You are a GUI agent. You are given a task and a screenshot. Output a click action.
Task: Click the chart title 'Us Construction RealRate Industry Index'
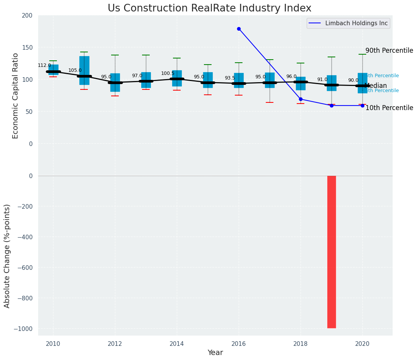209,8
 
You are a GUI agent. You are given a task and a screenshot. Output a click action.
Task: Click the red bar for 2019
331,251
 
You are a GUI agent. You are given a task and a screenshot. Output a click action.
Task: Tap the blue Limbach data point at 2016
239,29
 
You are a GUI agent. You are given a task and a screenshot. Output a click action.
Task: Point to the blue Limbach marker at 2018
301,99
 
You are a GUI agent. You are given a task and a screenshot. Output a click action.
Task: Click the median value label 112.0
44,65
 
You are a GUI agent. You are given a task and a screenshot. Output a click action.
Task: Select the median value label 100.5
168,73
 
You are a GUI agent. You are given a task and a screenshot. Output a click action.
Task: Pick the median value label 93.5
230,78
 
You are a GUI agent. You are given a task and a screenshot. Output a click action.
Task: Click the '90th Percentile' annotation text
389,50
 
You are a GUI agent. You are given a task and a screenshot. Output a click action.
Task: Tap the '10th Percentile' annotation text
389,108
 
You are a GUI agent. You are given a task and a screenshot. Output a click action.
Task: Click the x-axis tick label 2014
177,344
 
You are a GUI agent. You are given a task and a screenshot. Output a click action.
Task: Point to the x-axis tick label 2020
362,344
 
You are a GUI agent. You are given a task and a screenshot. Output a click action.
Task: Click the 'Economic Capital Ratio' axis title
16,96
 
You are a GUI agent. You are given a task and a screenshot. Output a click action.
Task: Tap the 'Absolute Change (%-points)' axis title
7,256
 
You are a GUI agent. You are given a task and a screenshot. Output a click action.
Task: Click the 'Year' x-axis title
215,353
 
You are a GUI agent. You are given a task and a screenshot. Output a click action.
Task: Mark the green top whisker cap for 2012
115,55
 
